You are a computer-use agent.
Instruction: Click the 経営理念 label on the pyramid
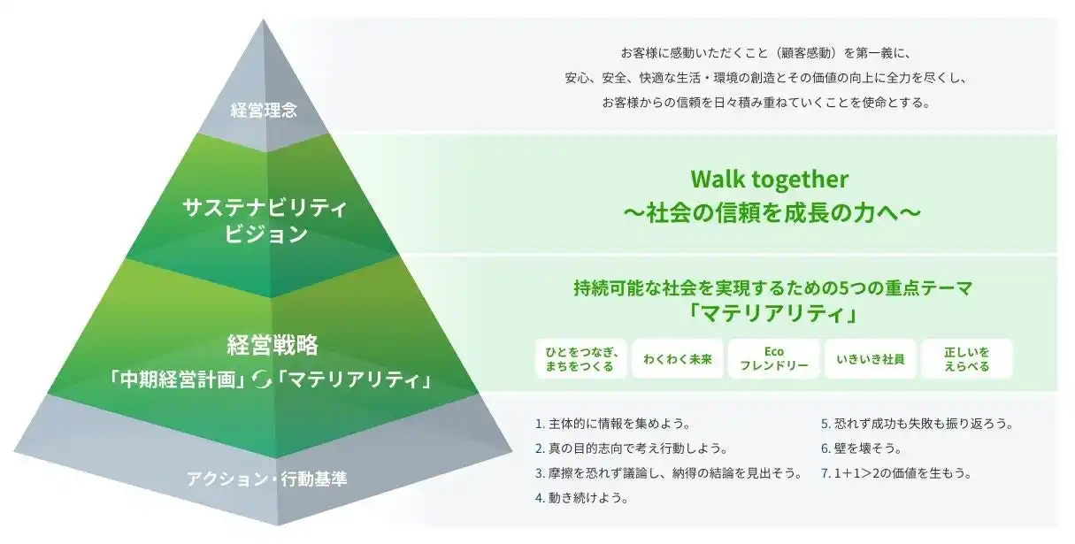(264, 111)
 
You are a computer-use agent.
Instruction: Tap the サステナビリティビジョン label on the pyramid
(265, 221)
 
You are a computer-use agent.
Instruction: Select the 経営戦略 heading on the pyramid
(273, 344)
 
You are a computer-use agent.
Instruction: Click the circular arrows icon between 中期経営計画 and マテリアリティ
(263, 380)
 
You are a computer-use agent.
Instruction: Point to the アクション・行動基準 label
(267, 479)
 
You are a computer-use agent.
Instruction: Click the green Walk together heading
(769, 179)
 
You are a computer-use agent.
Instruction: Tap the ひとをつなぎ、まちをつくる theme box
(580, 359)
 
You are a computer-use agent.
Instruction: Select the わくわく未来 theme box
(678, 359)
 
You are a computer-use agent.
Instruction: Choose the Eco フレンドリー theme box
(774, 359)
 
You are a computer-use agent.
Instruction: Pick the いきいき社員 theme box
(871, 359)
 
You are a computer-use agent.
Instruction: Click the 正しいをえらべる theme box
(967, 359)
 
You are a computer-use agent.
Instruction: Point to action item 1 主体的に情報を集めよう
(613, 424)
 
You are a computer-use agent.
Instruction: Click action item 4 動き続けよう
(581, 497)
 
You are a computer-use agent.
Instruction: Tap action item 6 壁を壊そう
(862, 448)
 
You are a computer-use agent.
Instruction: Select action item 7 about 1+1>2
(896, 473)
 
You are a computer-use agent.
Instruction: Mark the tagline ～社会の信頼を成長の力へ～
(772, 213)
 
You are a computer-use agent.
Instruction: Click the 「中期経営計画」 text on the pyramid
(178, 380)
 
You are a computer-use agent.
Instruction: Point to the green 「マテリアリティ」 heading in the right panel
(772, 314)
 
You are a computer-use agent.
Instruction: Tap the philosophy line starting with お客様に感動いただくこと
(765, 53)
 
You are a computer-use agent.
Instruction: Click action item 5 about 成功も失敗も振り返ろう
(918, 424)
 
